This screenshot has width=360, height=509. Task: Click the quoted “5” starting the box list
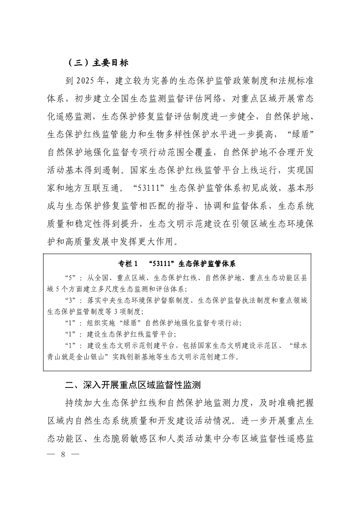tap(71, 278)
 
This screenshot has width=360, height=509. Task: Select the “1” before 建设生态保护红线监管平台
tap(71, 334)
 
